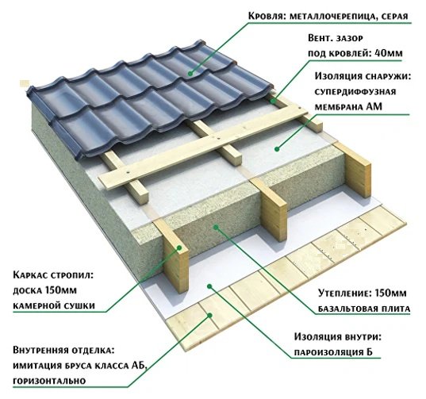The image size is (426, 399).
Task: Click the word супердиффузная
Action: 355,92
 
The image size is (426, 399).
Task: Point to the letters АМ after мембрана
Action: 374,107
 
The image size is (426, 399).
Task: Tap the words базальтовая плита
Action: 364,309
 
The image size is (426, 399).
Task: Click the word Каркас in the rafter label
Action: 30,275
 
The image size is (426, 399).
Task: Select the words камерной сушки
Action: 54,305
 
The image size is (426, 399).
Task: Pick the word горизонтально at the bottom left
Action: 49,381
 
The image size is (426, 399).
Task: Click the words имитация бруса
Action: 52,366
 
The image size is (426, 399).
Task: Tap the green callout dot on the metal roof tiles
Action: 190,73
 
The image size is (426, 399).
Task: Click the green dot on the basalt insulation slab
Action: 216,227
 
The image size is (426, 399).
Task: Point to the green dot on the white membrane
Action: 277,149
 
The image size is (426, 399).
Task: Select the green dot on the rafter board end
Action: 179,247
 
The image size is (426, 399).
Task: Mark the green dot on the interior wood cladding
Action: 209,316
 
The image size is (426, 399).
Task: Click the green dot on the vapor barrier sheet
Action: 209,286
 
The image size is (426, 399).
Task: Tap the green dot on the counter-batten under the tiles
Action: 273,101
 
